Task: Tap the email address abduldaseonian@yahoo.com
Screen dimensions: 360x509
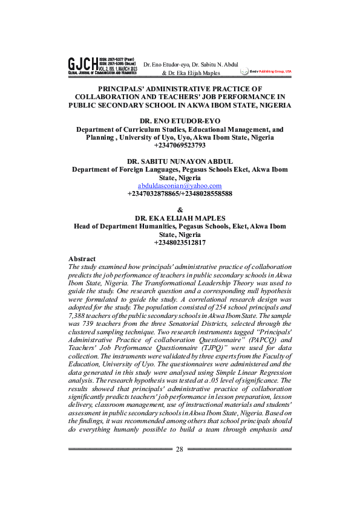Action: point(180,186)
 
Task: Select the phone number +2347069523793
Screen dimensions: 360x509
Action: point(180,145)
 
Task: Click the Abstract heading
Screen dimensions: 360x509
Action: point(82,259)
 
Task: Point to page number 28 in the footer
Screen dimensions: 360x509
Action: point(180,449)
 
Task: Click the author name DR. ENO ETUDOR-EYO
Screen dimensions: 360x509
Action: point(180,121)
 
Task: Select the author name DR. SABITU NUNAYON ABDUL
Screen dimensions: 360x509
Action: point(180,161)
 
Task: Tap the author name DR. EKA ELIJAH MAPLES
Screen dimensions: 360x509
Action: point(180,218)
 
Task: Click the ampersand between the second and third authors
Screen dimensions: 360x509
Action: point(180,210)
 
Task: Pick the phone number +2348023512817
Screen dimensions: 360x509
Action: point(180,242)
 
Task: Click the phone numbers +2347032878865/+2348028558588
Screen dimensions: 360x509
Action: point(180,194)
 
